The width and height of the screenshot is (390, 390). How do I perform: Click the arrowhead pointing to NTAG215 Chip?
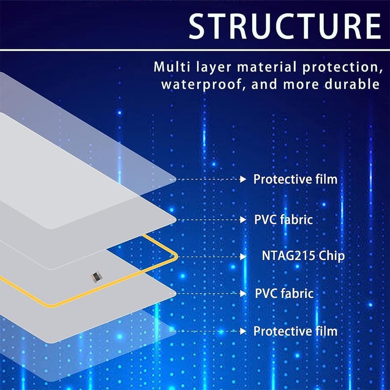243,256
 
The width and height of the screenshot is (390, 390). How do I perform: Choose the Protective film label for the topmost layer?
295,179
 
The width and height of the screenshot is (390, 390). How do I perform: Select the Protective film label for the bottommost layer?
295,331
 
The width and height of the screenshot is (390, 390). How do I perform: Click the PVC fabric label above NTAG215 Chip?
283,219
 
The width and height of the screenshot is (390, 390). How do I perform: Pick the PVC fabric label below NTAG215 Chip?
284,293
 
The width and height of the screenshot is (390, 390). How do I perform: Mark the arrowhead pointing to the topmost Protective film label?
243,179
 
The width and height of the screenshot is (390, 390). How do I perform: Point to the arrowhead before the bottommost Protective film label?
243,331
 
